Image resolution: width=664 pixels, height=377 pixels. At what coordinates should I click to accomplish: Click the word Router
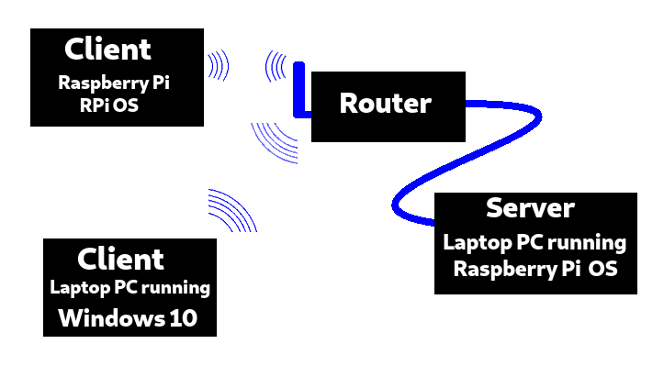pyautogui.click(x=385, y=104)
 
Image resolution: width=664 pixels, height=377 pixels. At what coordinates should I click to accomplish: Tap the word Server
pyautogui.click(x=530, y=208)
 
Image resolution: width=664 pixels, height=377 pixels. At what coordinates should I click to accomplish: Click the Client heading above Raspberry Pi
pyautogui.click(x=108, y=49)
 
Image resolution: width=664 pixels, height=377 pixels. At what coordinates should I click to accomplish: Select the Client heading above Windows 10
pyautogui.click(x=120, y=259)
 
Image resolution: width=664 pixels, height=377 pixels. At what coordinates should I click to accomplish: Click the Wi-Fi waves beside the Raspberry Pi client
pyautogui.click(x=218, y=66)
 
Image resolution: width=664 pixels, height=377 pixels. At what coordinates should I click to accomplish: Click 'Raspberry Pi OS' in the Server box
pyautogui.click(x=535, y=270)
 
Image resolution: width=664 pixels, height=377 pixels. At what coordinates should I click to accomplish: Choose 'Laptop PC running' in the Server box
pyautogui.click(x=535, y=243)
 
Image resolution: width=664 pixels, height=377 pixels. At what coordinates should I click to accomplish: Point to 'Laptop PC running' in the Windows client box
pyautogui.click(x=129, y=288)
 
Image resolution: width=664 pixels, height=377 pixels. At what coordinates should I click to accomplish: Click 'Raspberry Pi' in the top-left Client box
pyautogui.click(x=115, y=83)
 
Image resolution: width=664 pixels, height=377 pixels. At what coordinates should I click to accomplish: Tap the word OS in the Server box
pyautogui.click(x=602, y=270)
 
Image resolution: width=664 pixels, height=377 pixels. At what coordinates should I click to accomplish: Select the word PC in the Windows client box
pyautogui.click(x=126, y=288)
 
